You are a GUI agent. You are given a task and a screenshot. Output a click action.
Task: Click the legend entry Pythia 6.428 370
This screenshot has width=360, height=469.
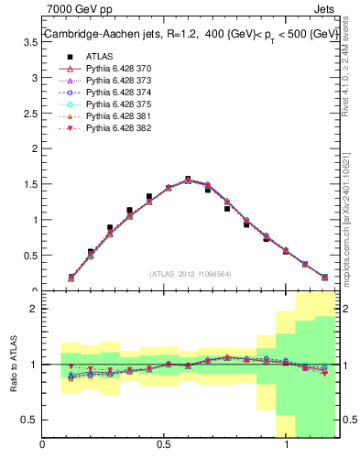point(118,69)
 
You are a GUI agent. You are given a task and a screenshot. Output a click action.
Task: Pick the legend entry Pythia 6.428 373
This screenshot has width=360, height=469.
point(118,81)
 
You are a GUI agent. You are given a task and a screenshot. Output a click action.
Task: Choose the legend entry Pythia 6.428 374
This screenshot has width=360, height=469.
point(118,93)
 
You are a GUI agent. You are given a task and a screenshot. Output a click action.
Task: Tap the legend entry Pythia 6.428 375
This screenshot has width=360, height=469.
point(118,104)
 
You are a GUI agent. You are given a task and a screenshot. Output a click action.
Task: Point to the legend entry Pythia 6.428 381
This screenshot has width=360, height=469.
point(118,116)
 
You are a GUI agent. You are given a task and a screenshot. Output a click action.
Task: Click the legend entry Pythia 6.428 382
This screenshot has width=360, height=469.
point(118,128)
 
